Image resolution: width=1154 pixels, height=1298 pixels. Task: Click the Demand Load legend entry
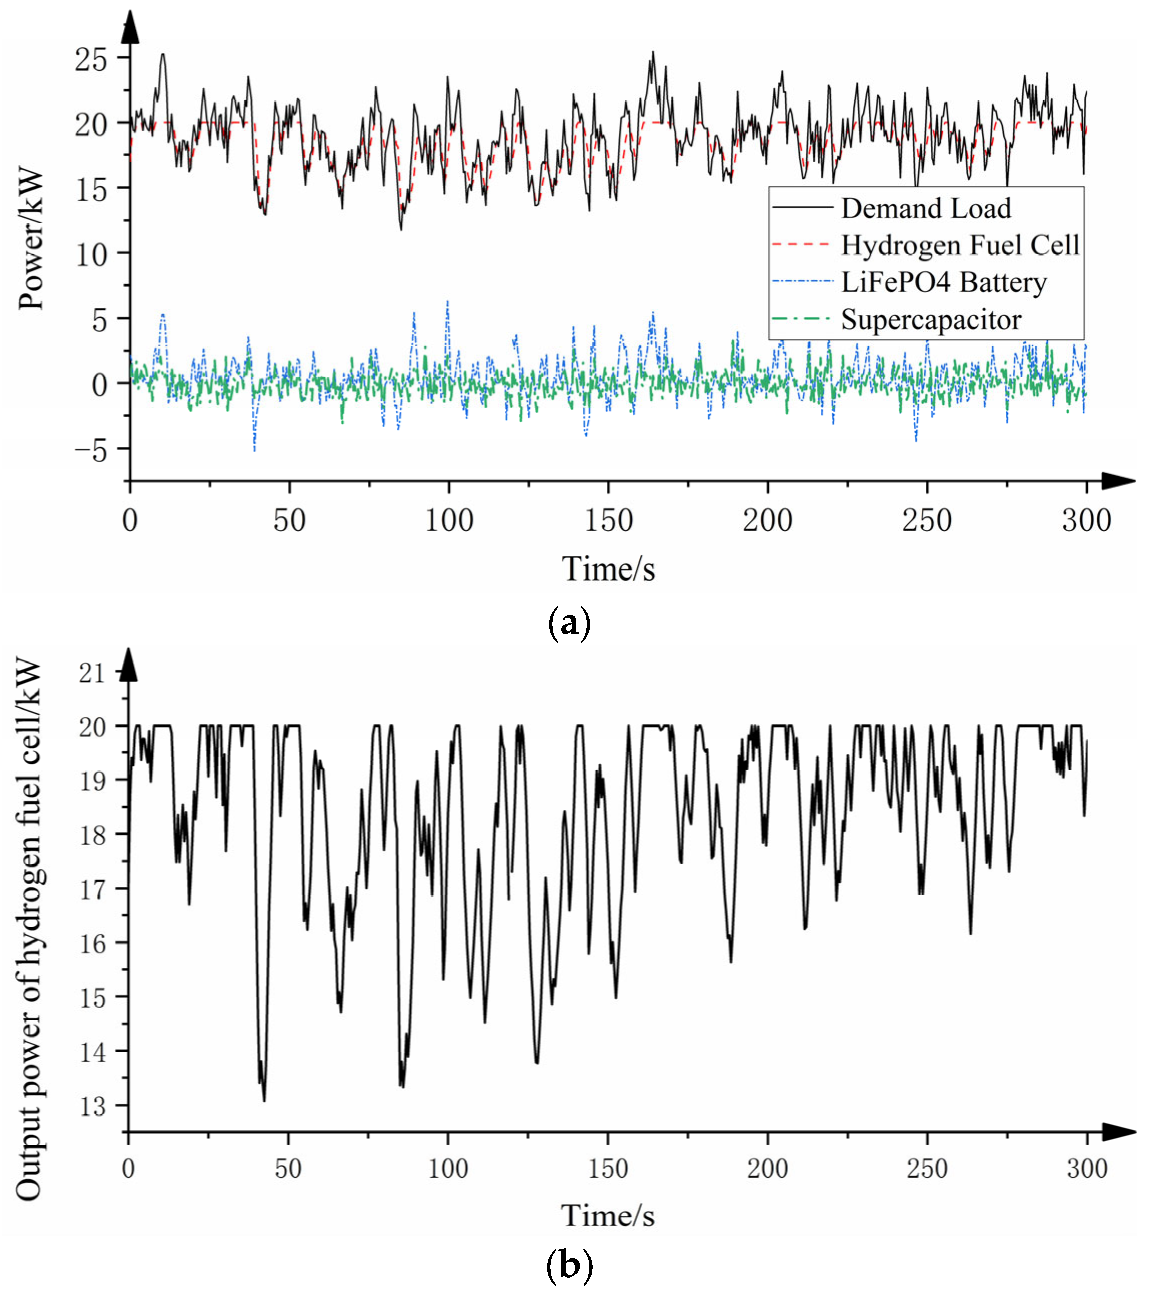click(x=925, y=208)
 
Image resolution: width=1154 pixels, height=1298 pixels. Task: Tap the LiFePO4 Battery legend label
click(x=944, y=283)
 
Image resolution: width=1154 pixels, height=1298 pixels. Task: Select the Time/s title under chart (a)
click(x=608, y=568)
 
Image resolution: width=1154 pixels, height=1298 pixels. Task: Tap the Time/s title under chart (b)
click(x=607, y=1215)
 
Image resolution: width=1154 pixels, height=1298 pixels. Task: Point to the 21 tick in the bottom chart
click(x=92, y=672)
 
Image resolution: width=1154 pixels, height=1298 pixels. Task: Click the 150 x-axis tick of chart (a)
click(x=608, y=521)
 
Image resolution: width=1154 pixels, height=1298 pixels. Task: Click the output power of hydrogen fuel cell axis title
click(x=29, y=930)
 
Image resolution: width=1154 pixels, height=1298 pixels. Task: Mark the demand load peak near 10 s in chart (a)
click(x=163, y=54)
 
